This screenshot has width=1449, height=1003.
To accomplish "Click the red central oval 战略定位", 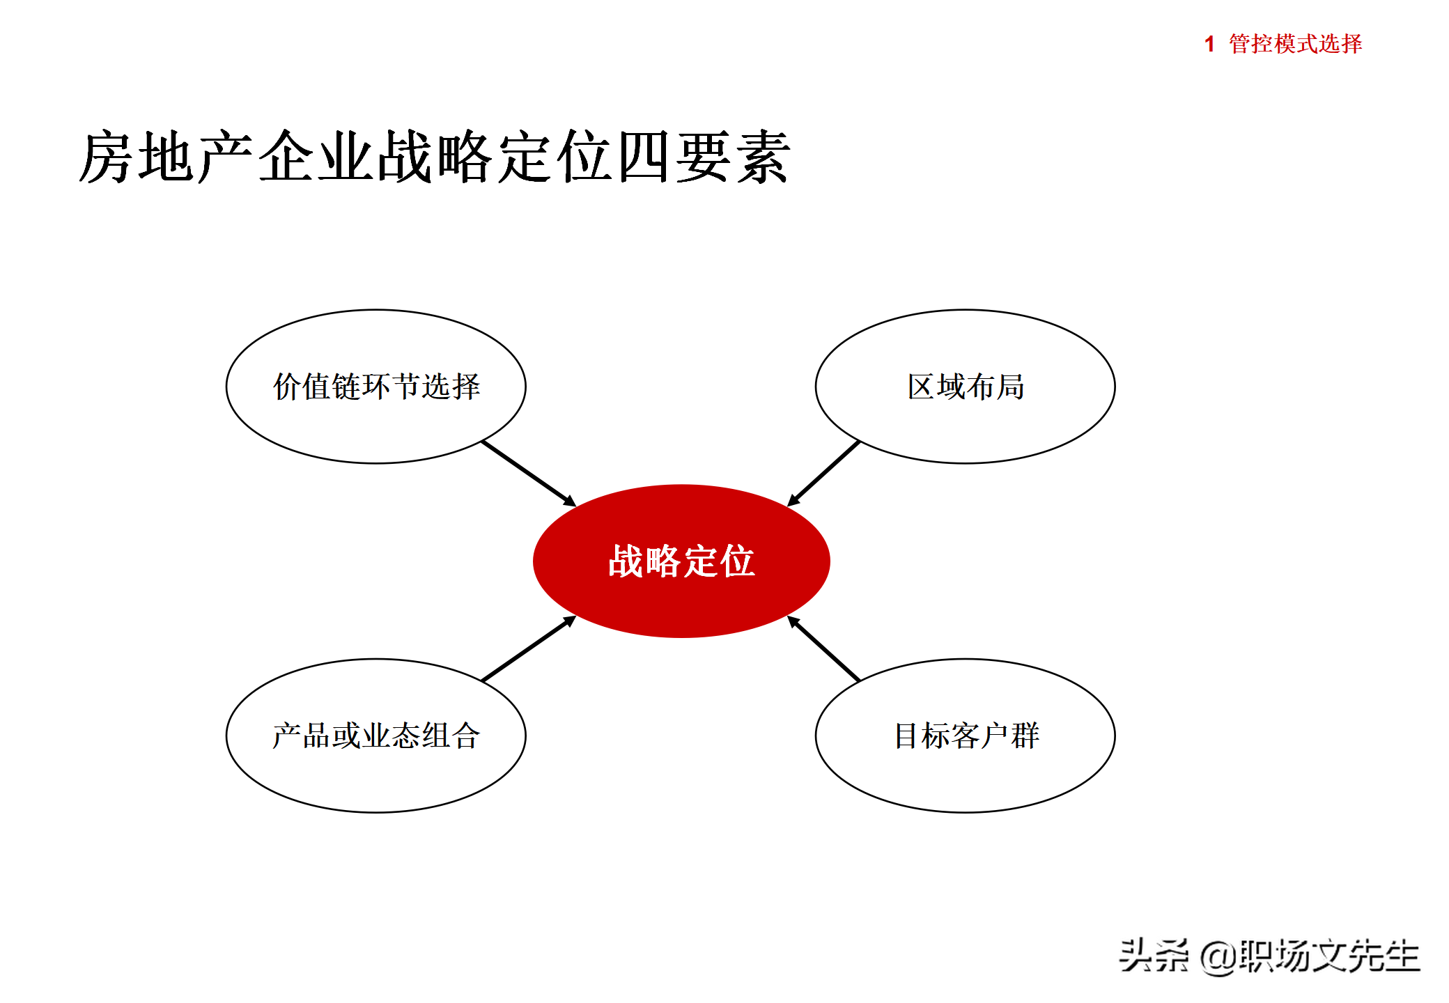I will pyautogui.click(x=681, y=561).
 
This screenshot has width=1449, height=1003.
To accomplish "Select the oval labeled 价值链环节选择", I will pyautogui.click(x=376, y=387).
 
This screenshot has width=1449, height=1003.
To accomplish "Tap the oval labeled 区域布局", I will pyautogui.click(x=965, y=387).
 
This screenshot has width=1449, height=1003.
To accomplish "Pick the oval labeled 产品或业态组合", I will pyautogui.click(x=376, y=736).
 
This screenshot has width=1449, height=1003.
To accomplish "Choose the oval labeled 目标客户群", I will pyautogui.click(x=965, y=736).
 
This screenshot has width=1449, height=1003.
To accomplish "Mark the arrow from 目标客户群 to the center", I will pyautogui.click(x=824, y=648).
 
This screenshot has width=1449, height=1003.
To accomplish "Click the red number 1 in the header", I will pyautogui.click(x=1209, y=44).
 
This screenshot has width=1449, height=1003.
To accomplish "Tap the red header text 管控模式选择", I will pyautogui.click(x=1295, y=44).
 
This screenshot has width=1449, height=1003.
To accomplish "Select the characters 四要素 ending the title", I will pyautogui.click(x=704, y=157).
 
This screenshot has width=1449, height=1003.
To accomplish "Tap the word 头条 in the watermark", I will pyautogui.click(x=1154, y=956).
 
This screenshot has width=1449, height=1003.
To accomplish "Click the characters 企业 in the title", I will pyautogui.click(x=317, y=157).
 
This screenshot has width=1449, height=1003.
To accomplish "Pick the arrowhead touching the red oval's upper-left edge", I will pyautogui.click(x=569, y=501).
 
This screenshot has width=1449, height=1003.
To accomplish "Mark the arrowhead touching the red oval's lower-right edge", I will pyautogui.click(x=793, y=622).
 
